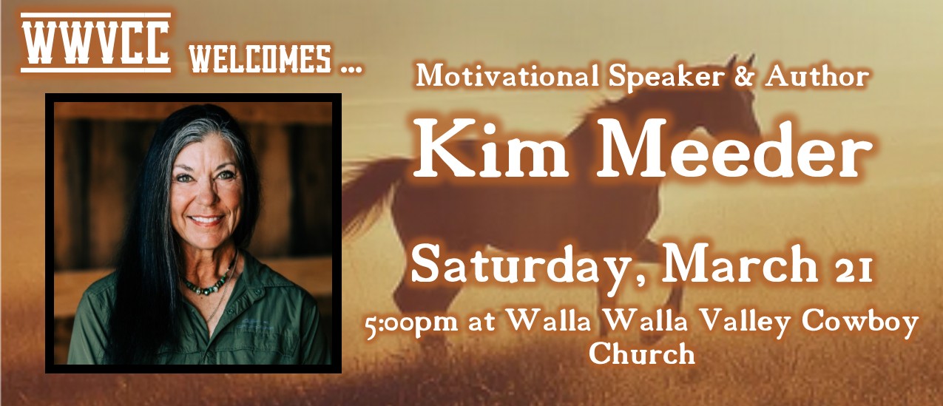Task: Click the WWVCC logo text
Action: [x=95, y=42]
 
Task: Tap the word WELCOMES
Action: [x=260, y=59]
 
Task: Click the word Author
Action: [x=817, y=76]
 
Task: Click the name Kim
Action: [x=490, y=150]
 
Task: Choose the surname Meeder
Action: [x=734, y=150]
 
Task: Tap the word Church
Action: [x=642, y=353]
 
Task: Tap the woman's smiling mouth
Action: [x=206, y=220]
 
